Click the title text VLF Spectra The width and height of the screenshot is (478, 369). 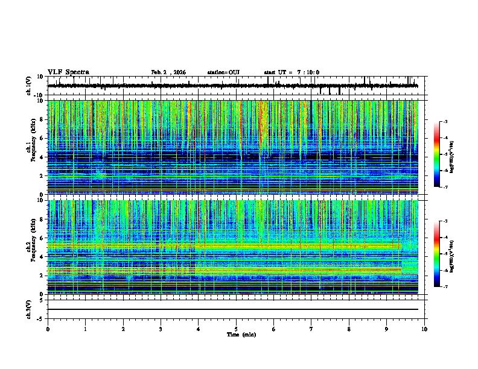click(x=68, y=72)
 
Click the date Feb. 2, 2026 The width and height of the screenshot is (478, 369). click(x=168, y=72)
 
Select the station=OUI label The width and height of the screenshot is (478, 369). click(x=223, y=72)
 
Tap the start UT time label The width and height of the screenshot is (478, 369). click(x=292, y=72)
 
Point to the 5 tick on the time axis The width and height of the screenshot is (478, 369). click(x=236, y=329)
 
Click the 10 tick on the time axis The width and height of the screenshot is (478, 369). click(x=424, y=329)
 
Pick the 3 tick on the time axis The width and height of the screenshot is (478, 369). click(x=161, y=329)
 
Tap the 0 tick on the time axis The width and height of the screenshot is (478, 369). click(x=48, y=329)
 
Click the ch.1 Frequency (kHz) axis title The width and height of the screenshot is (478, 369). click(x=31, y=148)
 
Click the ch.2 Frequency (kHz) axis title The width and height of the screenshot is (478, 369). click(x=31, y=247)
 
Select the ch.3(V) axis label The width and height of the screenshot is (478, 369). click(x=30, y=308)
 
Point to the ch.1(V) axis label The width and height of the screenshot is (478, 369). click(x=30, y=86)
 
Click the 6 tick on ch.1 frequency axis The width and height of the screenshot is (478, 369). click(x=43, y=138)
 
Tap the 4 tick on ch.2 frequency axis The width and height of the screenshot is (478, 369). click(x=43, y=257)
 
